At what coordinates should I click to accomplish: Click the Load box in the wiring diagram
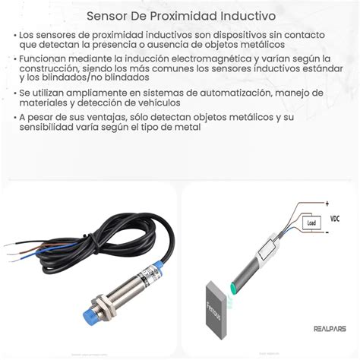(308, 223)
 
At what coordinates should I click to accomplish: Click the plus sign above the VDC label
(327, 203)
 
